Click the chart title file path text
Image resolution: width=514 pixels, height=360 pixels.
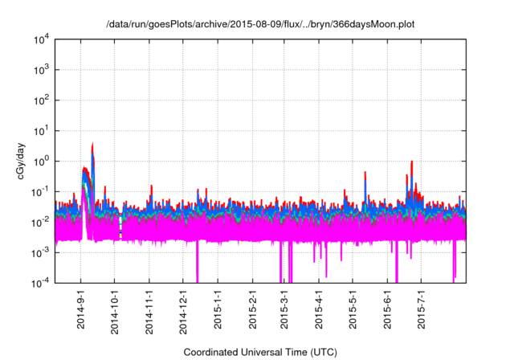260,24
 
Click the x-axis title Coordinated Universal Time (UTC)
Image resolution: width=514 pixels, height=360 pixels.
260,352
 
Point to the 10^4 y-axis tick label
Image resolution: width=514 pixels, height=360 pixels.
41,39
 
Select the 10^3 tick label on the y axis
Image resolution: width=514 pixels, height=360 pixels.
41,70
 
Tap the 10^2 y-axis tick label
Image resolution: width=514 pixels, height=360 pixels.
41,100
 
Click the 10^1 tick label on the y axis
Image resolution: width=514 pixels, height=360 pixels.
41,130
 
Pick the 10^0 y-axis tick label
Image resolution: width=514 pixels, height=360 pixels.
41,161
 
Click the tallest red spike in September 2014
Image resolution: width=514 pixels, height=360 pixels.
93,145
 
